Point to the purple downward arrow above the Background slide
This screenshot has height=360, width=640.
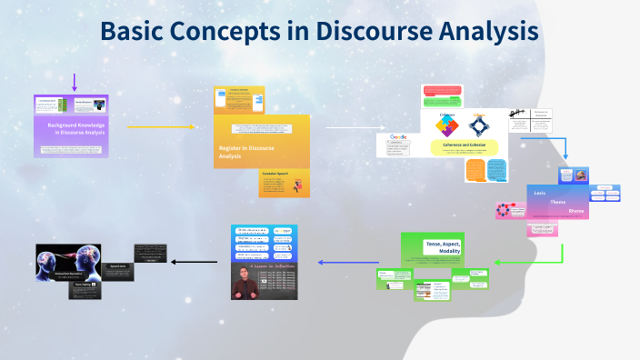(x=74, y=83)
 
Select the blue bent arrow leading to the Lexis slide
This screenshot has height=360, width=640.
(x=562, y=147)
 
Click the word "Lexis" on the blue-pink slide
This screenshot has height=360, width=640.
(x=539, y=193)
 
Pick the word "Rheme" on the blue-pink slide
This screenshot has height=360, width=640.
(x=576, y=211)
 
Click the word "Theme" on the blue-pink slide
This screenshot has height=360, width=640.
(x=558, y=202)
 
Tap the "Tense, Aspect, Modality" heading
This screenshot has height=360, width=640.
(x=443, y=247)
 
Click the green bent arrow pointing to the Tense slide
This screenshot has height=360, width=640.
(x=545, y=258)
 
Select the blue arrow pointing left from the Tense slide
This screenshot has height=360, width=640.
(x=348, y=262)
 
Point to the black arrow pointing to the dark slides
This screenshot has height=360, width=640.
(x=193, y=262)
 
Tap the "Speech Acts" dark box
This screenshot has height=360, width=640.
(x=118, y=266)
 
